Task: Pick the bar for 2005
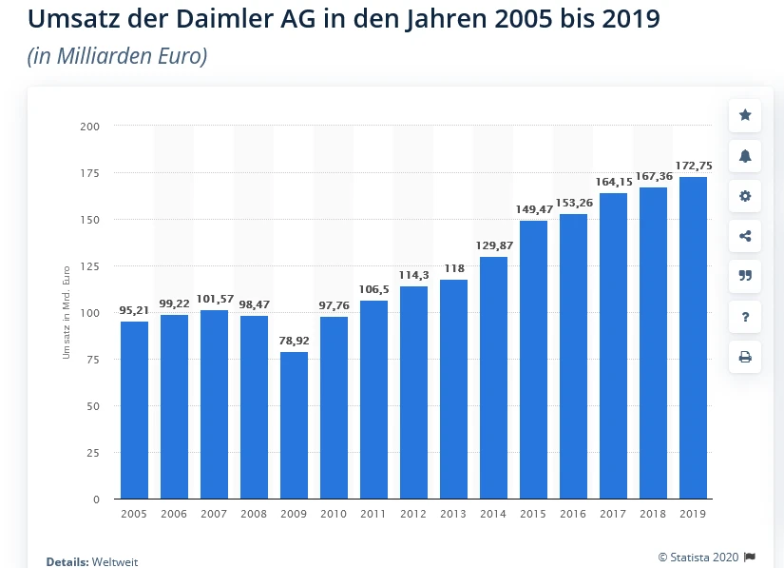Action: [134, 410]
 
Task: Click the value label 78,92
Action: [294, 340]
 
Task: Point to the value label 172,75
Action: [693, 166]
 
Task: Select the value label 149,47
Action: [533, 209]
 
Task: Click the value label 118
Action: [453, 268]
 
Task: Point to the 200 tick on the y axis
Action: [90, 126]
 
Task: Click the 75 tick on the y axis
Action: [93, 360]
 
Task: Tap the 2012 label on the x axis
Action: [413, 514]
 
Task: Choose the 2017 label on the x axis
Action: [613, 514]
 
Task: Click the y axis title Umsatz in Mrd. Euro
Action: [67, 313]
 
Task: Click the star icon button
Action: [745, 115]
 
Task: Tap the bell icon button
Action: [745, 156]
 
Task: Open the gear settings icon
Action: [745, 196]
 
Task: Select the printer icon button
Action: [745, 357]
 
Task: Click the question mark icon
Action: [745, 317]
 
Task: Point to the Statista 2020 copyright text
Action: [698, 557]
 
